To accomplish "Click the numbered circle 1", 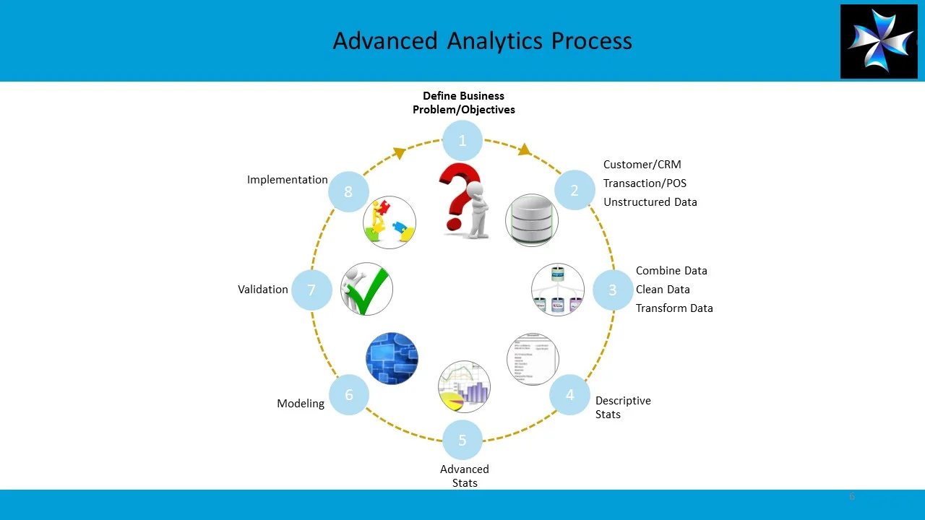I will click(x=462, y=141).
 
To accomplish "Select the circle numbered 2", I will click(x=575, y=191).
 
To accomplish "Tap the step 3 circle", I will click(x=613, y=290).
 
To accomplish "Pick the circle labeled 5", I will click(x=462, y=440).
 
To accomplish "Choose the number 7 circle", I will click(x=311, y=290).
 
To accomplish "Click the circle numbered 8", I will click(x=348, y=191).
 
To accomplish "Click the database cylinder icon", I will click(x=532, y=220).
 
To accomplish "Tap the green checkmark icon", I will click(x=369, y=290).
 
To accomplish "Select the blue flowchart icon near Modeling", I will click(x=392, y=358).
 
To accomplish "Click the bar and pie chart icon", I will click(x=464, y=387).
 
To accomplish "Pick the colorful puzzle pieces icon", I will click(x=390, y=222).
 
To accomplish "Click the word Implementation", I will click(x=287, y=180).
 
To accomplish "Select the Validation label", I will click(x=263, y=290).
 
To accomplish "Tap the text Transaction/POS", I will click(x=645, y=183).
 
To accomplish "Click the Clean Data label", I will click(x=663, y=290).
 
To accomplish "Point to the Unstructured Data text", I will click(x=650, y=202).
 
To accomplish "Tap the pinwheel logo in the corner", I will click(x=879, y=41).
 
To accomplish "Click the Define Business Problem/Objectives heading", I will click(x=464, y=103).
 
